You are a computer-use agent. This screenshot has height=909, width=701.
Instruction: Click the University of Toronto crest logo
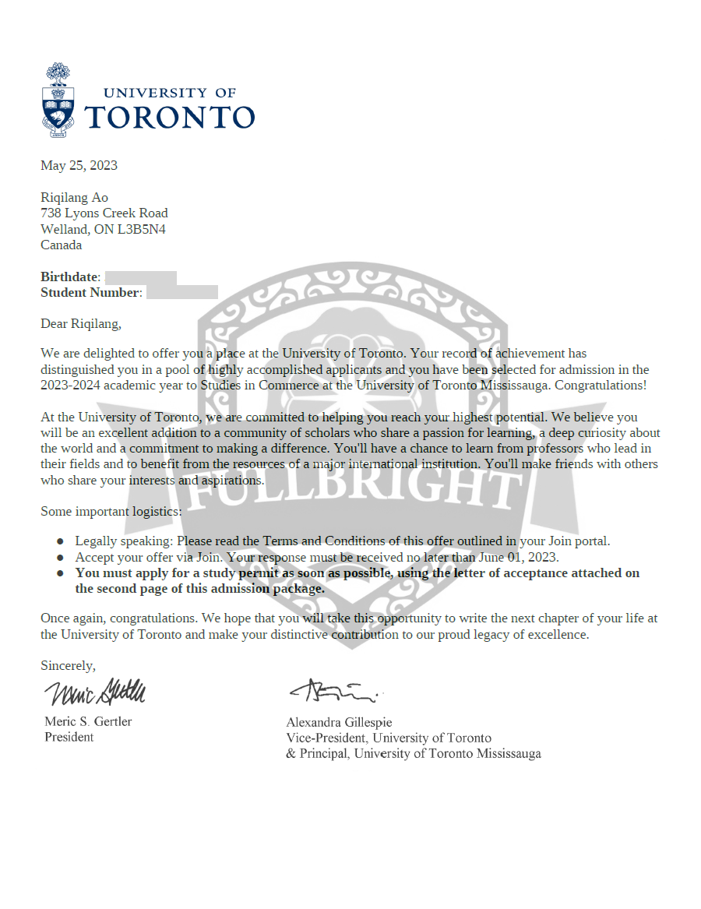click(x=58, y=100)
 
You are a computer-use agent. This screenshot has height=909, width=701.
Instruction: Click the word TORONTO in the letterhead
click(x=169, y=117)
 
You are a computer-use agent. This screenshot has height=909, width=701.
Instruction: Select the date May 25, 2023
click(x=79, y=164)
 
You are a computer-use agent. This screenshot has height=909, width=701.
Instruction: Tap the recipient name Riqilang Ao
click(x=74, y=197)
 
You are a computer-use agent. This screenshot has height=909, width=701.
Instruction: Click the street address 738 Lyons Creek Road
click(x=104, y=213)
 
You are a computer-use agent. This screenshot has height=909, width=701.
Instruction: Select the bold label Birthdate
click(x=69, y=277)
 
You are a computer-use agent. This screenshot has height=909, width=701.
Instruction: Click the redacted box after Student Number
click(x=181, y=292)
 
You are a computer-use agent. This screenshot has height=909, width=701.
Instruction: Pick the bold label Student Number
click(x=90, y=292)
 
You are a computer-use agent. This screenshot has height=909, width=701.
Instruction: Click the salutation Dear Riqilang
click(x=81, y=322)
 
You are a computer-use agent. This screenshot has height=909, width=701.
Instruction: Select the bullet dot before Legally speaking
click(x=60, y=541)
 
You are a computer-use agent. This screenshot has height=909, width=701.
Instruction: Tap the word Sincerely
click(x=68, y=665)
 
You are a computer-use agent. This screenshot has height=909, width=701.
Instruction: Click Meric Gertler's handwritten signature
click(x=94, y=692)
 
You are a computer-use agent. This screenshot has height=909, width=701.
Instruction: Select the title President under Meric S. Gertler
click(x=69, y=737)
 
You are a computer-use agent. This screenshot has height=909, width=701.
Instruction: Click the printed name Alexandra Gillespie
click(x=339, y=722)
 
